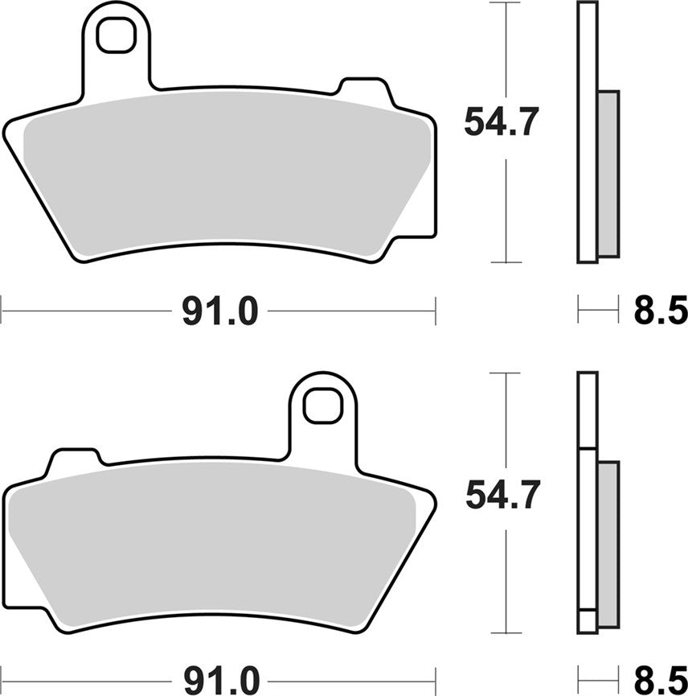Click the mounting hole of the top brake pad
[x=116, y=34]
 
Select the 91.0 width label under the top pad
[x=219, y=311]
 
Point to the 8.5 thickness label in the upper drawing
[x=660, y=311]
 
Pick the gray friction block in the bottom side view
[x=608, y=545]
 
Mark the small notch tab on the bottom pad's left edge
[x=74, y=461]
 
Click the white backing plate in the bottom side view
[x=588, y=410]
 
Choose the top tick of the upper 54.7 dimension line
[x=506, y=3]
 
